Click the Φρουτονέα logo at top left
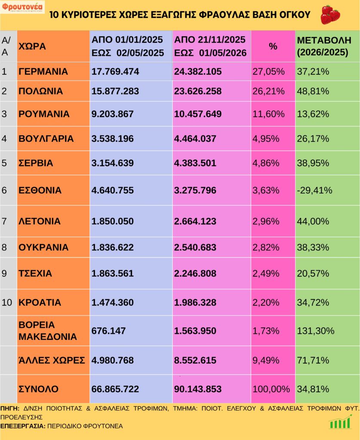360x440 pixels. click(x=22, y=7)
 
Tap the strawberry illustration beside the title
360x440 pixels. click(x=330, y=15)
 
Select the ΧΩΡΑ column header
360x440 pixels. click(x=32, y=46)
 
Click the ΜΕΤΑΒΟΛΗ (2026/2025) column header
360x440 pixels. click(x=324, y=46)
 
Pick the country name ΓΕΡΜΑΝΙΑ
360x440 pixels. click(x=43, y=72)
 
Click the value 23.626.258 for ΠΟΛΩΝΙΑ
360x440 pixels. click(x=198, y=91)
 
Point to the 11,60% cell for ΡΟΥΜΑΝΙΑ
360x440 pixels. click(x=268, y=114)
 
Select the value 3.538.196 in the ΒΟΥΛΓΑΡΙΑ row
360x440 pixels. click(x=112, y=139)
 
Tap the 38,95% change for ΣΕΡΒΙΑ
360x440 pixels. click(x=313, y=163)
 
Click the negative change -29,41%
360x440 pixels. click(x=314, y=190)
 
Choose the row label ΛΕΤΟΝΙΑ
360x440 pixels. click(x=40, y=221)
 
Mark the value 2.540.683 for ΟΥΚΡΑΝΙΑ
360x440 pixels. click(x=195, y=247)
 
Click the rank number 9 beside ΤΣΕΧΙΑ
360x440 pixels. click(x=4, y=273)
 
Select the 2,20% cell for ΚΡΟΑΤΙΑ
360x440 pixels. click(x=266, y=302)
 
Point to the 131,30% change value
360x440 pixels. click(x=316, y=331)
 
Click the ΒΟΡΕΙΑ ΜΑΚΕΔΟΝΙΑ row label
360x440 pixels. click(x=47, y=330)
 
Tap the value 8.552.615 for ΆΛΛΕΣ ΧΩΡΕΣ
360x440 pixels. click(x=195, y=361)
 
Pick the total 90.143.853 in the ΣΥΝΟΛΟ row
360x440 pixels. click(x=198, y=389)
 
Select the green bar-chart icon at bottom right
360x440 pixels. click(x=340, y=422)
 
